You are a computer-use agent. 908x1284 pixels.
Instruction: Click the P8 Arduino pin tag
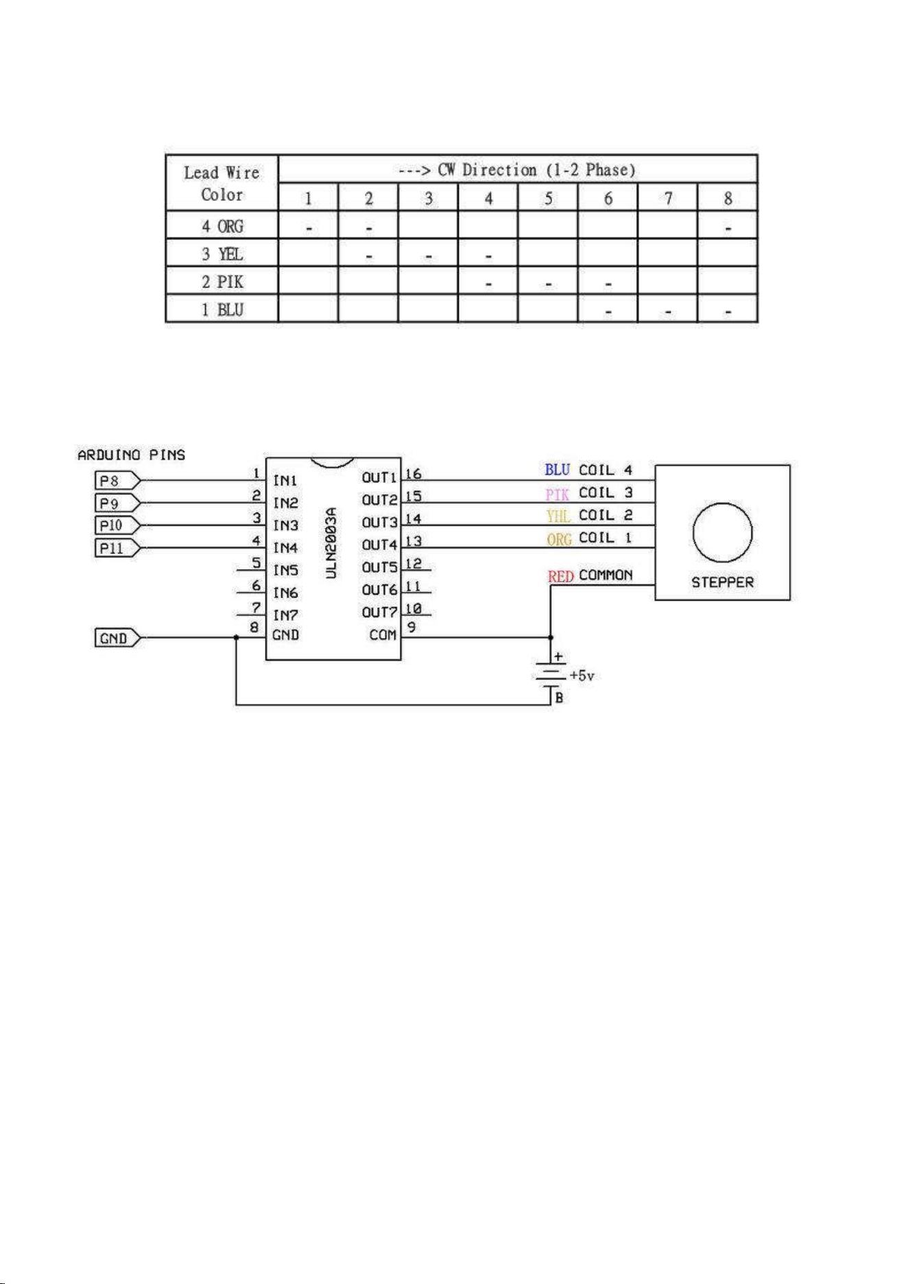[x=117, y=481]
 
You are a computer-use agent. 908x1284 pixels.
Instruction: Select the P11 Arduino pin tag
[x=117, y=548]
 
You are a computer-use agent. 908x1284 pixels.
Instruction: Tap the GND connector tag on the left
[x=117, y=638]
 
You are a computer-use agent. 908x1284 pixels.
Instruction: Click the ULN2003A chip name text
[x=331, y=543]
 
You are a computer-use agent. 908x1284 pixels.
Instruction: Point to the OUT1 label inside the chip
[x=379, y=477]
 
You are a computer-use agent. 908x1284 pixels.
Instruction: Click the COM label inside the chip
[x=383, y=635]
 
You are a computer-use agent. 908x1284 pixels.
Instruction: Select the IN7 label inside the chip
[x=285, y=615]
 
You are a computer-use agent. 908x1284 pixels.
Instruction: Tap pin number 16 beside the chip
[x=413, y=474]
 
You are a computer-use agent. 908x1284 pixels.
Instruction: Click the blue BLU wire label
[x=558, y=470]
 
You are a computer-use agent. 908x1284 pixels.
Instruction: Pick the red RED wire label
[x=560, y=576]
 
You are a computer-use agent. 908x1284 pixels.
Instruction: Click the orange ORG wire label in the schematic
[x=559, y=539]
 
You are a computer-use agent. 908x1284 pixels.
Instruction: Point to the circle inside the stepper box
[x=722, y=503]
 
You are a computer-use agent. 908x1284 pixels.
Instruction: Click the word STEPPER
[x=722, y=582]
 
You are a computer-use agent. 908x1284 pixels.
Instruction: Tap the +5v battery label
[x=582, y=676]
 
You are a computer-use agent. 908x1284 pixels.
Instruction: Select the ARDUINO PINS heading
[x=131, y=455]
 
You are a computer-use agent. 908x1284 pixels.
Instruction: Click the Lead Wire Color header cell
[x=222, y=183]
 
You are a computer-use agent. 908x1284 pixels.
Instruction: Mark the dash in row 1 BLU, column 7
[x=667, y=313]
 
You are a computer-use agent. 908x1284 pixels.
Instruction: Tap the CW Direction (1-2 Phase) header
[x=517, y=169]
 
